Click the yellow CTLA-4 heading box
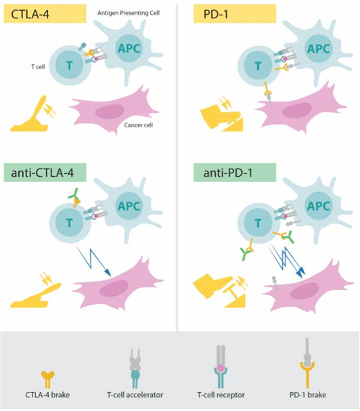tap(45, 14)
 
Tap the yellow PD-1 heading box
tap(235, 14)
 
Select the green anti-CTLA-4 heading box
tap(45, 173)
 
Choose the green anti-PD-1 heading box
tap(235, 173)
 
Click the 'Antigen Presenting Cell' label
tap(129, 13)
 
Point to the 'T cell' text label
tap(38, 67)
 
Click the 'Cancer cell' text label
tap(138, 125)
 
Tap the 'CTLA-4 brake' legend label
tap(47, 395)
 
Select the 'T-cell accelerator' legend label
tap(135, 395)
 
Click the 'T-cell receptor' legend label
tap(221, 395)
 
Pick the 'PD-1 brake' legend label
tap(308, 395)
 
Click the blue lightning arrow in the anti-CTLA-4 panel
tap(94, 261)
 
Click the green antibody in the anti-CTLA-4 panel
tap(74, 194)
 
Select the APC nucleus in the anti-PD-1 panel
tap(318, 206)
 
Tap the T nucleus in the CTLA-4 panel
tap(70, 65)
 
